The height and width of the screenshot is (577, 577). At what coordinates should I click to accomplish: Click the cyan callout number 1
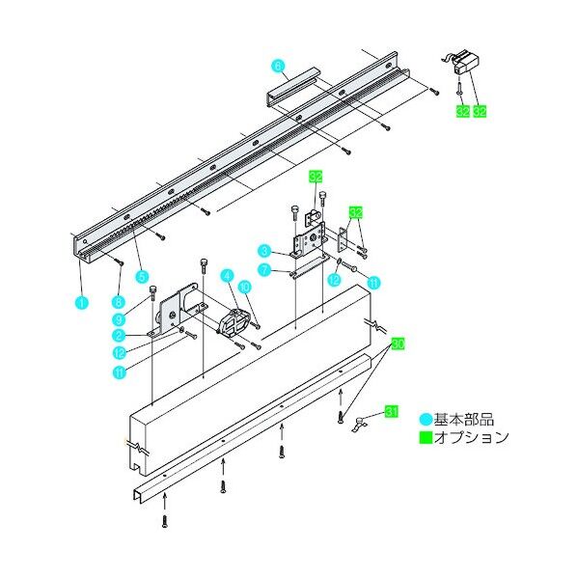(x=81, y=301)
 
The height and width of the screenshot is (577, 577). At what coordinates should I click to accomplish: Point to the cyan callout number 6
(x=278, y=67)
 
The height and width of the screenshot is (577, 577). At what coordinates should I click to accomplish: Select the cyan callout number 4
(x=227, y=275)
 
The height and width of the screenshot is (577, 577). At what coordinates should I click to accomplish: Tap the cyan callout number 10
(x=245, y=286)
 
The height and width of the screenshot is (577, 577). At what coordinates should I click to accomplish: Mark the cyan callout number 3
(x=261, y=251)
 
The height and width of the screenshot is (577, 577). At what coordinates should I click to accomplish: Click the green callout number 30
(x=398, y=343)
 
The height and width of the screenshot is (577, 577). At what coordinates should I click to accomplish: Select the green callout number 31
(x=392, y=412)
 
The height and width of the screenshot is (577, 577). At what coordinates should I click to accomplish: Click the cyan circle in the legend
(x=426, y=420)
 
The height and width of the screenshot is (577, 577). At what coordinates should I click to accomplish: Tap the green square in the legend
(x=426, y=438)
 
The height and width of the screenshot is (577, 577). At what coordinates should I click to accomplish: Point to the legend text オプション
(x=470, y=438)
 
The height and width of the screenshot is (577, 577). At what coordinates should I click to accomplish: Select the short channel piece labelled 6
(x=294, y=85)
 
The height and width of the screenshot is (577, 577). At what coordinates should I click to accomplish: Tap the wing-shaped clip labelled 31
(x=365, y=423)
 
